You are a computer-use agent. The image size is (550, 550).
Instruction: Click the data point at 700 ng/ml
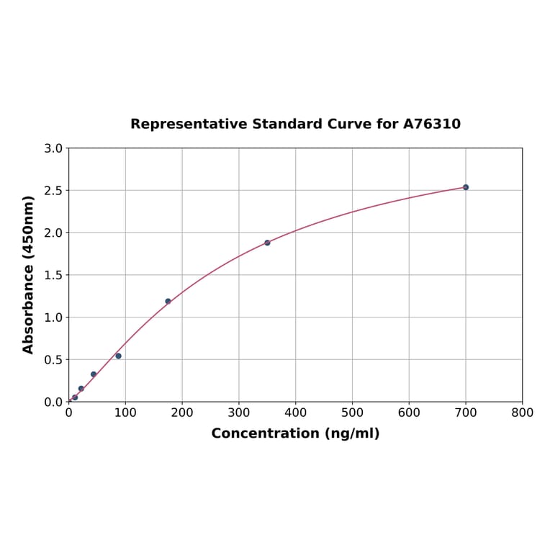pyautogui.click(x=465, y=187)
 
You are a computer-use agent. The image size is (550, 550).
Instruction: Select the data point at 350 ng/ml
pyautogui.click(x=267, y=243)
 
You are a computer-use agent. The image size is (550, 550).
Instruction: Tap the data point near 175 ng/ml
pyautogui.click(x=168, y=301)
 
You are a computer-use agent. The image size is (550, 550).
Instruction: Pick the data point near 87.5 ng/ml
pyautogui.click(x=118, y=356)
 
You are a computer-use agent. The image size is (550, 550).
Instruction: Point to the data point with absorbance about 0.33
pyautogui.click(x=94, y=374)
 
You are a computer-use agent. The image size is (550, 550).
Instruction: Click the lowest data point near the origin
pyautogui.click(x=75, y=397)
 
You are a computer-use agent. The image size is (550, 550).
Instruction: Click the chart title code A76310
pyautogui.click(x=431, y=125)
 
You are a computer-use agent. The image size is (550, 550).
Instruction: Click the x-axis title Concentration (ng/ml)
pyautogui.click(x=295, y=433)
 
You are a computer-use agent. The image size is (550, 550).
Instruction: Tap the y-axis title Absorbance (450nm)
pyautogui.click(x=29, y=274)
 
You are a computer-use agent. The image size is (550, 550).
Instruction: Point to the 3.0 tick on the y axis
pyautogui.click(x=53, y=148)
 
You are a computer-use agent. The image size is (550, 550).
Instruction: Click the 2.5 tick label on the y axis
pyautogui.click(x=53, y=191)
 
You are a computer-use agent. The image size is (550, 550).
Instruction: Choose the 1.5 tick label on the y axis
pyautogui.click(x=53, y=275)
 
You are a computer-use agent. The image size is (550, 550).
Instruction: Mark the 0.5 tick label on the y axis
pyautogui.click(x=53, y=359)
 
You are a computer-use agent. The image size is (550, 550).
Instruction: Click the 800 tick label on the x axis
pyautogui.click(x=522, y=412)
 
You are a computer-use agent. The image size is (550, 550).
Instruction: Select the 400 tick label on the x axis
pyautogui.click(x=295, y=412)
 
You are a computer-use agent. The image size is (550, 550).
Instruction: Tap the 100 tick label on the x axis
pyautogui.click(x=125, y=412)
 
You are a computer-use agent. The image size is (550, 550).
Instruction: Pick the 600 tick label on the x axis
pyautogui.click(x=409, y=412)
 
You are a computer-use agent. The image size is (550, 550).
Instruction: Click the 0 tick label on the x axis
pyautogui.click(x=69, y=412)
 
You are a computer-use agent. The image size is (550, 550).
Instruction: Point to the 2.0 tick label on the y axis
pyautogui.click(x=53, y=233)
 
